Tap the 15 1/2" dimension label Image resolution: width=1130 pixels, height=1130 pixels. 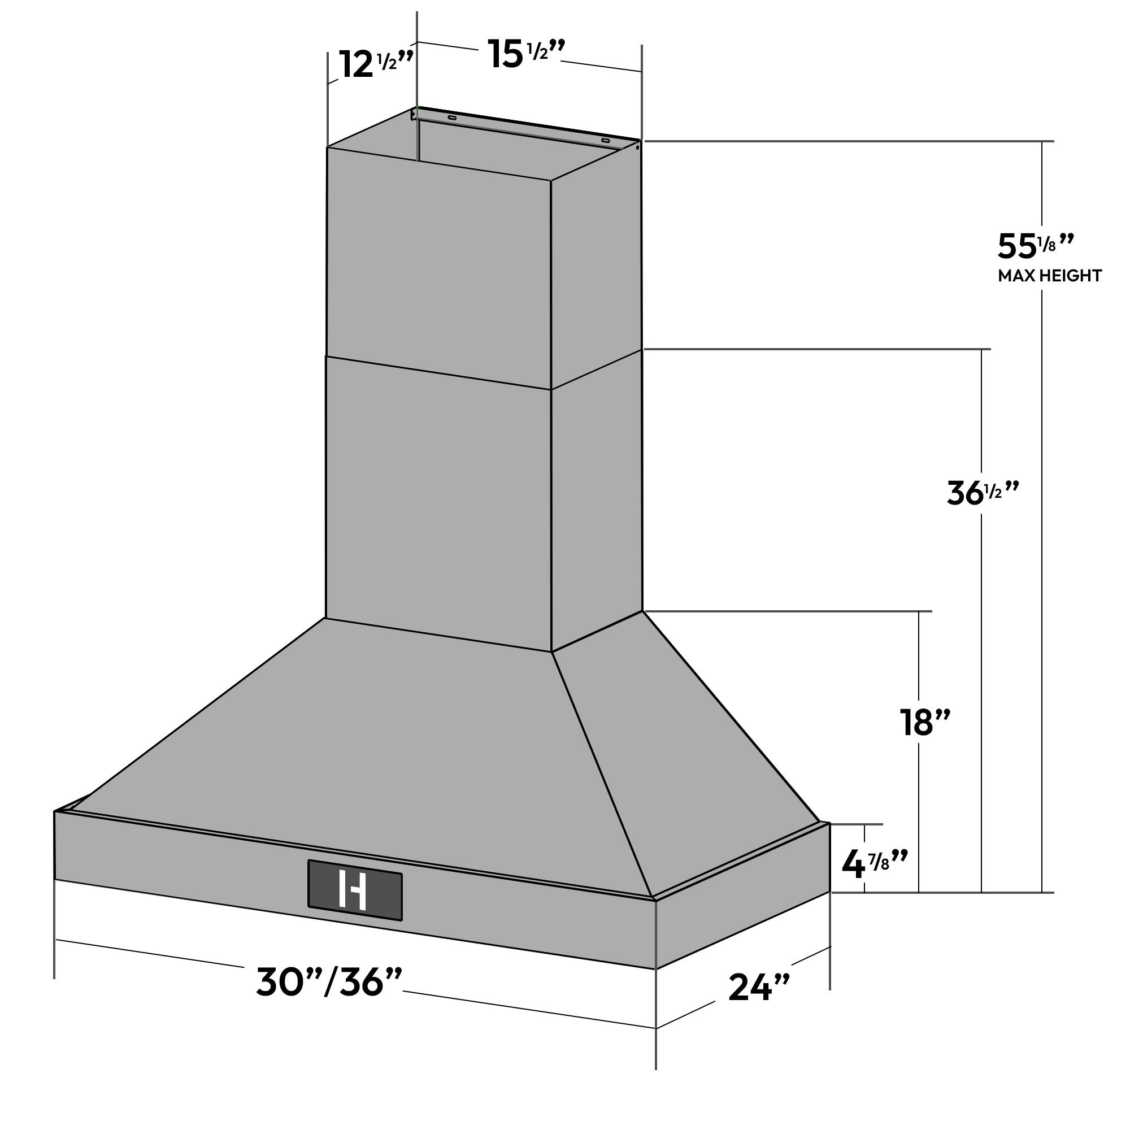[525, 54]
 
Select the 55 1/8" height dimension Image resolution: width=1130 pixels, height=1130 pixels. [1035, 246]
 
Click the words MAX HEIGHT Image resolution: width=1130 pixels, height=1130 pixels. [1049, 276]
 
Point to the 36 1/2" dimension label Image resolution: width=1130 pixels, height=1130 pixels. [983, 493]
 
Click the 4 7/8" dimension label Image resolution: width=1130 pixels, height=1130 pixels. [874, 863]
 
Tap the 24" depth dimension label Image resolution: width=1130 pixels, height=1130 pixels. [759, 988]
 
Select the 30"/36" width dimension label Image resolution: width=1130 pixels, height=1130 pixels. [329, 982]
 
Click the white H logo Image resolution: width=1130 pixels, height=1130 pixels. [353, 890]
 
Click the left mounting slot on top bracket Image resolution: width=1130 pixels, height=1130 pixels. [451, 118]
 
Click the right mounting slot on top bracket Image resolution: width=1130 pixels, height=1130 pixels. [605, 140]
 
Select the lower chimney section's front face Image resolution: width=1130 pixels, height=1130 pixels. [438, 503]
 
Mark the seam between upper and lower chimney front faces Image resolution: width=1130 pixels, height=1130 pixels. [438, 372]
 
